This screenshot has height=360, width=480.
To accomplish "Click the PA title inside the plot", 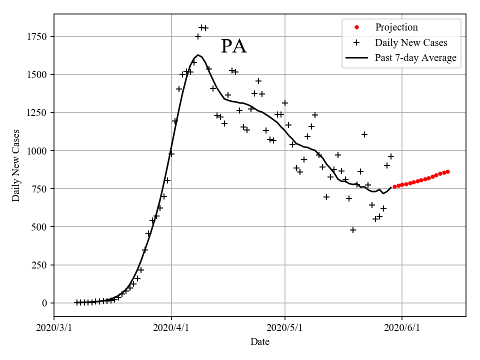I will tap(233, 46).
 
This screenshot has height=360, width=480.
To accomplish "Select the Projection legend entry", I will tap(396, 27).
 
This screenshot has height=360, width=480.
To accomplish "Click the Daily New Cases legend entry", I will tap(410, 42).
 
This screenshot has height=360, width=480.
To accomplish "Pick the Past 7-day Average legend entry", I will tap(415, 58).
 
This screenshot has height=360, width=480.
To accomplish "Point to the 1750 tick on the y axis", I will tap(37, 36).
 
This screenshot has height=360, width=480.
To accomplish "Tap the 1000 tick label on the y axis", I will tap(37, 150).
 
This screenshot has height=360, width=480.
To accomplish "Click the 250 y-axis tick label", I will tap(39, 265).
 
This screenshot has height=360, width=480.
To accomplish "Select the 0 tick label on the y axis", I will tap(44, 303).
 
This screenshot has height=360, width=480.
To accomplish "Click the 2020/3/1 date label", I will tap(54, 328).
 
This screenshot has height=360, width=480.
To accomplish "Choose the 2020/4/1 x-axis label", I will tap(171, 328).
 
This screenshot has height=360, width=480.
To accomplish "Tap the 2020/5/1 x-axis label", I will tap(285, 328).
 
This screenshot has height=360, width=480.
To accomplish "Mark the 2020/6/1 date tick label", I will tap(402, 328).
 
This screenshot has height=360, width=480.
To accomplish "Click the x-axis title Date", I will tap(260, 342).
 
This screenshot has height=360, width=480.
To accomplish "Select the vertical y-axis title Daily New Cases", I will tap(16, 165).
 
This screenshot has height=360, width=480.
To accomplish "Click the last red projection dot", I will tap(447, 171).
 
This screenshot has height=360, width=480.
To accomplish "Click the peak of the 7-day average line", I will tap(198, 55).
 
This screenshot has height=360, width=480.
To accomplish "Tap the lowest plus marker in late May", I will tap(353, 230).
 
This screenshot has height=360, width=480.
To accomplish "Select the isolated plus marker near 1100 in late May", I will tap(364, 134).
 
